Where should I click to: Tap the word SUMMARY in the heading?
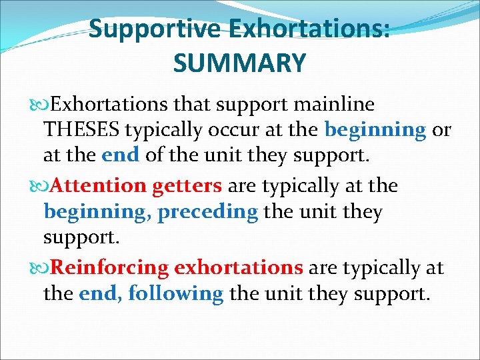click(x=239, y=63)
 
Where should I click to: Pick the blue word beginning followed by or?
click(x=375, y=130)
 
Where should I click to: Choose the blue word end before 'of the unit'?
click(x=121, y=155)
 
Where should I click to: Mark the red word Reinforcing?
click(x=110, y=267)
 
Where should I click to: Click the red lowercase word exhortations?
click(x=239, y=267)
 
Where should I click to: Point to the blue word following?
click(x=176, y=293)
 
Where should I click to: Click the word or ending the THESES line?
click(x=441, y=130)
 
